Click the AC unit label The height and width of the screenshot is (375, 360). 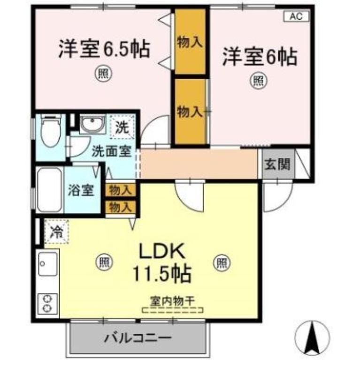297,16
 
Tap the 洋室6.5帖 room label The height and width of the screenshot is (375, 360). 104,50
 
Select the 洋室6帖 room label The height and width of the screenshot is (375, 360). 260,57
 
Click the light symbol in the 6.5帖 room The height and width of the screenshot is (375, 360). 104,74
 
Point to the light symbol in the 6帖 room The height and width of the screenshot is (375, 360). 259,81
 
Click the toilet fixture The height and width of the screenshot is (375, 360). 51,131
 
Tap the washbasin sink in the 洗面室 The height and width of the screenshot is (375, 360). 92,124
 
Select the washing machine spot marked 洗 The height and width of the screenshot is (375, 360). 122,127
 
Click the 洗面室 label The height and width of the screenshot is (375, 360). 112,151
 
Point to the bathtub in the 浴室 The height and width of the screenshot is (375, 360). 50,190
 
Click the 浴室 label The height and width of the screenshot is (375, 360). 81,190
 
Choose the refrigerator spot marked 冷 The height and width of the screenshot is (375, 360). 57,232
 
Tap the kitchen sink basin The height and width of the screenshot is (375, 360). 48,264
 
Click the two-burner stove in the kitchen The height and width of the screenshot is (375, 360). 48,304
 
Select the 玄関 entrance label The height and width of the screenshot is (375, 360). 277,165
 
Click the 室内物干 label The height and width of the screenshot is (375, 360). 172,301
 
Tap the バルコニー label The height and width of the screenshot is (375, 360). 138,338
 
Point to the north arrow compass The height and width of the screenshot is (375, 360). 312,338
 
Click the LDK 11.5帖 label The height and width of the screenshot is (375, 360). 162,262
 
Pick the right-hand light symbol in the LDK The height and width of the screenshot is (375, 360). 222,263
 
